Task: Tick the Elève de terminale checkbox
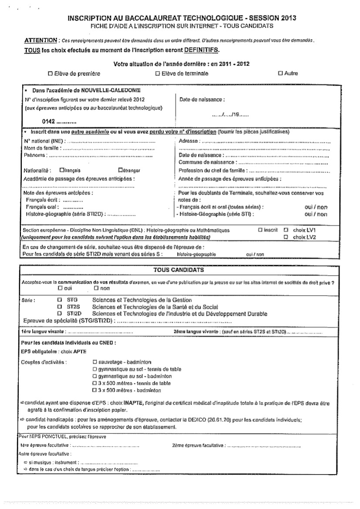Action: click(x=157, y=74)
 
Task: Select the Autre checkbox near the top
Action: click(x=280, y=74)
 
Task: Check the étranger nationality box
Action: click(x=120, y=170)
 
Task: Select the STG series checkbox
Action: click(x=60, y=300)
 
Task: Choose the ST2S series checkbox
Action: click(x=60, y=307)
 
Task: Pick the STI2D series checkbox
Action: click(x=60, y=313)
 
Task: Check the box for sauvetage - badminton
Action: click(x=95, y=362)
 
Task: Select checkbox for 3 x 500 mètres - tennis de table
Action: click(x=95, y=383)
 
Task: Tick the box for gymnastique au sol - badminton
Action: click(x=95, y=376)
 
